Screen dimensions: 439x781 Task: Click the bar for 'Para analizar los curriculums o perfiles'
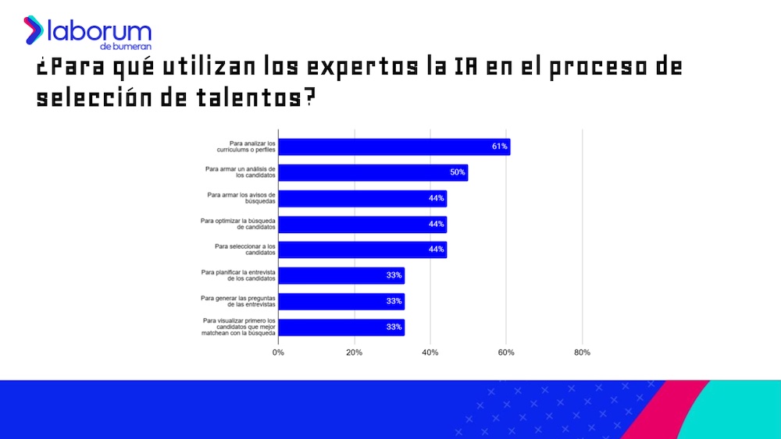tap(394, 147)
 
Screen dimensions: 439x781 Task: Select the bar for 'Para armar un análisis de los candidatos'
tap(373, 172)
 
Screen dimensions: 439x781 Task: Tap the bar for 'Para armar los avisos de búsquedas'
tap(362, 198)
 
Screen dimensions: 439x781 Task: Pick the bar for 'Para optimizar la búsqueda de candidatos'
tap(362, 224)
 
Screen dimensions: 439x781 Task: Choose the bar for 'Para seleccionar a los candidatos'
tap(362, 250)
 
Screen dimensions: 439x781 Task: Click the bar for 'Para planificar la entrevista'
tap(341, 275)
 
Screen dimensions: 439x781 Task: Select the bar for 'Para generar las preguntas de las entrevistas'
tap(341, 301)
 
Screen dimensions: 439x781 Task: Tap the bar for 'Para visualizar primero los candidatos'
tap(341, 327)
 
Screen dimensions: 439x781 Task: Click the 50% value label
tap(458, 172)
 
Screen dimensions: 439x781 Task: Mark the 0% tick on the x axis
tap(279, 352)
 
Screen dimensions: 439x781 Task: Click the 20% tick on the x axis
tap(355, 352)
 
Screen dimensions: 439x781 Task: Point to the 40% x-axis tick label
tap(430, 352)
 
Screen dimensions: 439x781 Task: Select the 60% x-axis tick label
tap(506, 352)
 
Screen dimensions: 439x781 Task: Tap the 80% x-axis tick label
tap(582, 352)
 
